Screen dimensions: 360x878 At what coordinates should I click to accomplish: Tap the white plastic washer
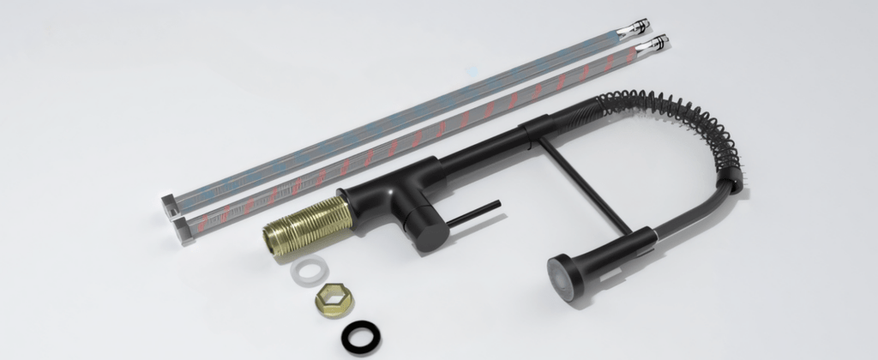tap(309, 272)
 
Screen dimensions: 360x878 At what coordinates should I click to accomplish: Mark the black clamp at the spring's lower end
tap(727, 185)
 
